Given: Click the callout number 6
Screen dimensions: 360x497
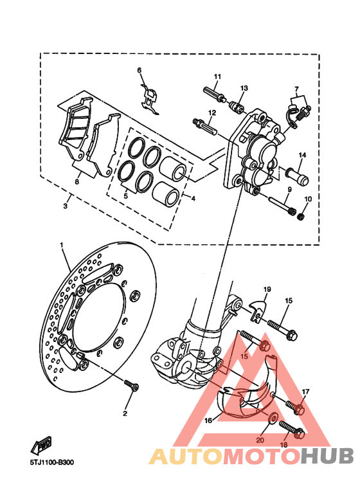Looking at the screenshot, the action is point(139,70).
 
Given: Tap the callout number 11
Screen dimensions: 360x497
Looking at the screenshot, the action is point(217,77).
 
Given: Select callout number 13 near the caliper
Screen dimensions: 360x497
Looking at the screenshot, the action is point(244,88).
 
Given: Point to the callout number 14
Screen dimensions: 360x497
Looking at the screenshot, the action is point(302,155).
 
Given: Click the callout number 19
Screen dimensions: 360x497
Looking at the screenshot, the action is point(267,289).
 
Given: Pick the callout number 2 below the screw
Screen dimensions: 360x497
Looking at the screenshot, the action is point(125,413).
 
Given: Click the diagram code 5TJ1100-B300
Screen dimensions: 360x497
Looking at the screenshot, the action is point(52,462).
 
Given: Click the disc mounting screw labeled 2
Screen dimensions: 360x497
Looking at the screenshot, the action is point(132,385).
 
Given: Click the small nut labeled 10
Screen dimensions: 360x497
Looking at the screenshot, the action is point(302,217).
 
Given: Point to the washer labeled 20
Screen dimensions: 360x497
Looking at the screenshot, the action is point(272,419).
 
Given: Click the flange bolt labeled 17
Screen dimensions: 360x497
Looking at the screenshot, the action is point(295,408).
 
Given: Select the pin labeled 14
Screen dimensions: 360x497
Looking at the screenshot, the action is point(297,177).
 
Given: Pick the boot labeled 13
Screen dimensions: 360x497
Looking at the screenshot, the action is point(237,106).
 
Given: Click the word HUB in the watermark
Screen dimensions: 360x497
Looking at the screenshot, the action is point(327,456).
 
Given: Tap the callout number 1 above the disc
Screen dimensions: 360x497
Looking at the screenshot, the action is point(62,245).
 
